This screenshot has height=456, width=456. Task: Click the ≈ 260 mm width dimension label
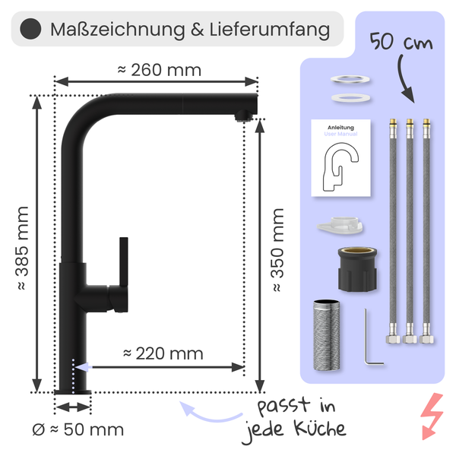coord(159,70)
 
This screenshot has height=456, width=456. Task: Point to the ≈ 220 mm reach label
coord(163,353)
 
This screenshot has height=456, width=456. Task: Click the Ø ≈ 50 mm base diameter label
coord(78,429)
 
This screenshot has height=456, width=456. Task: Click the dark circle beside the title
coord(29,30)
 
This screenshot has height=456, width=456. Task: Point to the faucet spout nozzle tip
coord(243,116)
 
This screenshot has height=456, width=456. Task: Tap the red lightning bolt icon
coord(432,416)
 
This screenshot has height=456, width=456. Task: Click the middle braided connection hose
coord(410,228)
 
